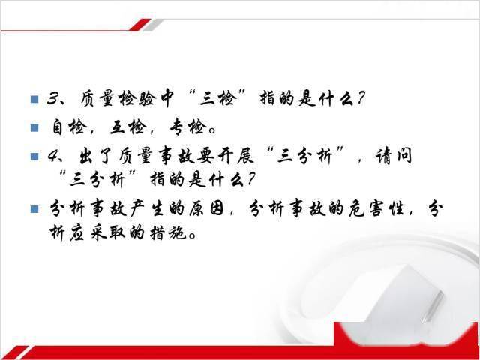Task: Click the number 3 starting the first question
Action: pyautogui.click(x=54, y=98)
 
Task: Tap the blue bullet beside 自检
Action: pyautogui.click(x=34, y=127)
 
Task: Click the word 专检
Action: pyautogui.click(x=188, y=127)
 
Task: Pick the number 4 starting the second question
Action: pyautogui.click(x=54, y=156)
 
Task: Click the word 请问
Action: pyautogui.click(x=394, y=156)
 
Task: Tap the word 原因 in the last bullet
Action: pyautogui.click(x=206, y=209)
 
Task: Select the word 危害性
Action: pyautogui.click(x=376, y=209)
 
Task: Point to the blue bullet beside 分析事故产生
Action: pyautogui.click(x=34, y=209)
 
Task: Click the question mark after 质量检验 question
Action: pyautogui.click(x=361, y=98)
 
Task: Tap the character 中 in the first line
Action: pyautogui.click(x=166, y=98)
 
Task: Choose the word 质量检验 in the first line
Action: pyautogui.click(x=118, y=98)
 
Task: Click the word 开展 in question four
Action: pyautogui.click(x=236, y=156)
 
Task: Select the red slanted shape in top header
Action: pyautogui.click(x=140, y=25)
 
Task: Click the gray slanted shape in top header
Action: pyautogui.click(x=152, y=25)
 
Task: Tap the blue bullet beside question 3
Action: pyautogui.click(x=34, y=99)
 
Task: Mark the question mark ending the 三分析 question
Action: pyautogui.click(x=250, y=180)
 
